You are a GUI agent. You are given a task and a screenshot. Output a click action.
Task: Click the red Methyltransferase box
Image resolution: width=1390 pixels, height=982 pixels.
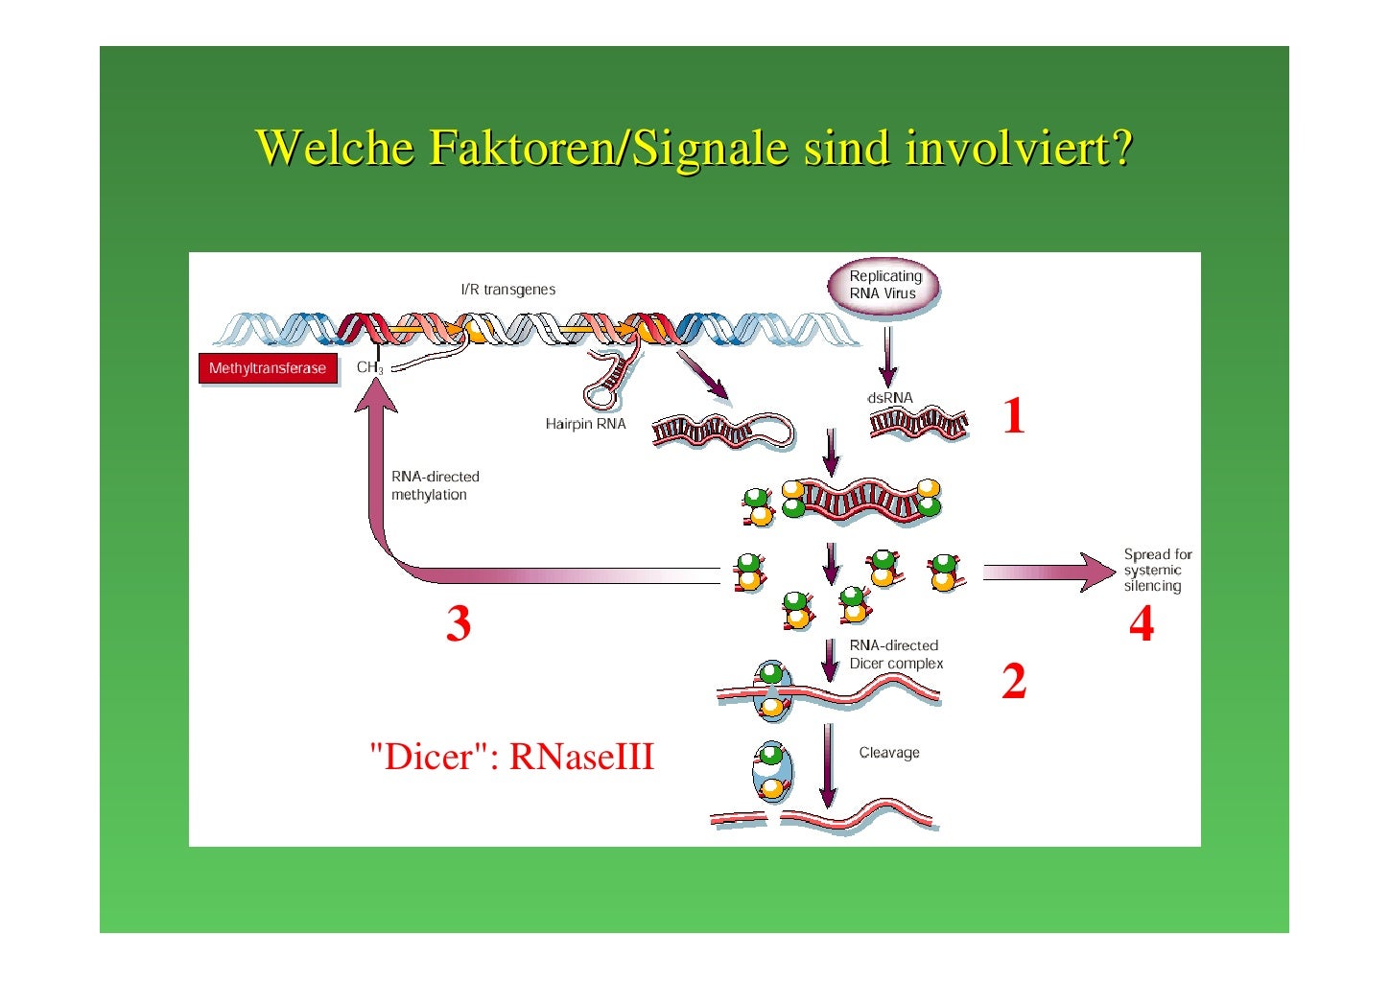coord(268,368)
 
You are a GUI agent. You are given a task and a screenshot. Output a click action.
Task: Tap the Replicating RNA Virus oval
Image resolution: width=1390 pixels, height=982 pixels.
coord(883,286)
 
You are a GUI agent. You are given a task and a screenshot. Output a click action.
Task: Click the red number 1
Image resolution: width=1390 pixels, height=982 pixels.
coord(1013,416)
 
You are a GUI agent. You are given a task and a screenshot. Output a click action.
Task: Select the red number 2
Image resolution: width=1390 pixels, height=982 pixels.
coord(1014,681)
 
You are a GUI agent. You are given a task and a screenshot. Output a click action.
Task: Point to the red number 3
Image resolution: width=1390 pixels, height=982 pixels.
coord(459,623)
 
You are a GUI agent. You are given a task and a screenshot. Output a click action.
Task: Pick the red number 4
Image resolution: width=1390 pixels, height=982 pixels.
coord(1141,624)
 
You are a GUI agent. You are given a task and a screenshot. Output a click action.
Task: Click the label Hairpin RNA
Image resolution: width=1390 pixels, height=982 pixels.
coord(585,424)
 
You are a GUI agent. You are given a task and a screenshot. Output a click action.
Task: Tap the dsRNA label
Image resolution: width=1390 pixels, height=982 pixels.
coord(890,398)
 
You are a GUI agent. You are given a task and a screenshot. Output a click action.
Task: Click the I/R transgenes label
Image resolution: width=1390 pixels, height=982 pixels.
coord(508,290)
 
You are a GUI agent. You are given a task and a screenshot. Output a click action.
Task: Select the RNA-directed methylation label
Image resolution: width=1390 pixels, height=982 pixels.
coord(435,485)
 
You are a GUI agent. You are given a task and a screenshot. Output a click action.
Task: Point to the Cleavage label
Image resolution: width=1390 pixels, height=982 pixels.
coord(889,753)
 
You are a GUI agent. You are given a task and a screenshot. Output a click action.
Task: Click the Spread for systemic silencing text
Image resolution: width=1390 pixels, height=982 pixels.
coord(1157,570)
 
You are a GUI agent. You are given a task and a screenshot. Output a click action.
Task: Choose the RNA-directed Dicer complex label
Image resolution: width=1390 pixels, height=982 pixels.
coord(895,654)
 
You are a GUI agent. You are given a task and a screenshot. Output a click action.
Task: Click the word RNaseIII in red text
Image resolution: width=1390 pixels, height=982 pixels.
coord(581,757)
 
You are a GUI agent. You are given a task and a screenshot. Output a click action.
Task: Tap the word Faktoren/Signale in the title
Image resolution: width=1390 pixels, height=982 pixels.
coord(608,148)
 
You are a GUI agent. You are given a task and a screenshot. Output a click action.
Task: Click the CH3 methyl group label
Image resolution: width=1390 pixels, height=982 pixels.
coord(369,367)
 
